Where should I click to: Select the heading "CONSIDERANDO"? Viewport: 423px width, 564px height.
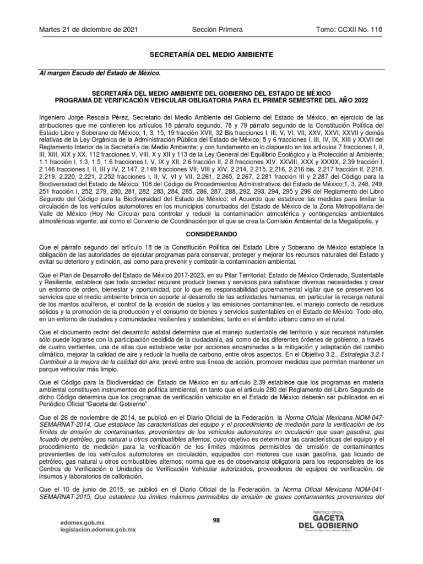[x=211, y=234]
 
